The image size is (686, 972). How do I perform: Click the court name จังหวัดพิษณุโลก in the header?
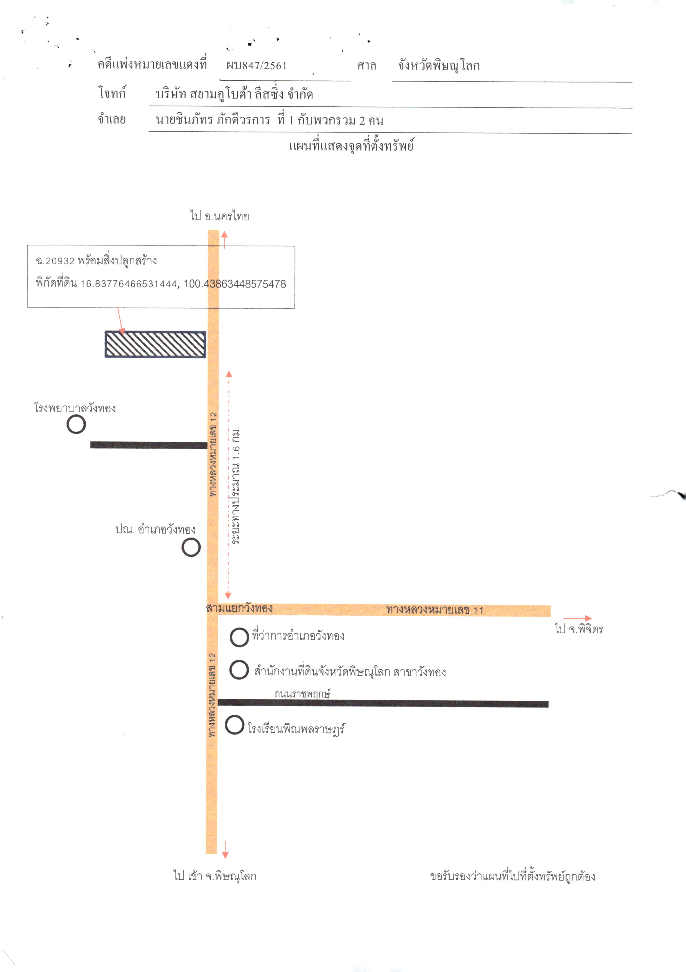pyautogui.click(x=439, y=66)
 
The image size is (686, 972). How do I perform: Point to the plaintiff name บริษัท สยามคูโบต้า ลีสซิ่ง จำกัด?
pyautogui.click(x=234, y=94)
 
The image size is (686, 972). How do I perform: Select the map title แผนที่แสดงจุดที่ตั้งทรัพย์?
pyautogui.click(x=351, y=146)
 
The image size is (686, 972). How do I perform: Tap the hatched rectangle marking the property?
pyautogui.click(x=155, y=344)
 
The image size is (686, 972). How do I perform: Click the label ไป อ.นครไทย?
pyautogui.click(x=220, y=216)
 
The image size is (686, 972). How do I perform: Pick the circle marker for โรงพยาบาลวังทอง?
pyautogui.click(x=76, y=424)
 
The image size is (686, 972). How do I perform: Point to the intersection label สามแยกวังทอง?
pyautogui.click(x=240, y=608)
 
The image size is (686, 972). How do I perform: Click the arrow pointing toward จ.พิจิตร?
pyautogui.click(x=577, y=618)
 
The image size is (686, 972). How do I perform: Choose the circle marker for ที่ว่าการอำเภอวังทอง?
pyautogui.click(x=239, y=637)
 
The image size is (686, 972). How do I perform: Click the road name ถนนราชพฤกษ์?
pyautogui.click(x=303, y=694)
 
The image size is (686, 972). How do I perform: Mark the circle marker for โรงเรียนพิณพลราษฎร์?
pyautogui.click(x=234, y=725)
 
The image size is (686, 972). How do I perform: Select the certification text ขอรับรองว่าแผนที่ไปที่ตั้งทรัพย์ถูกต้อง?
pyautogui.click(x=513, y=876)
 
